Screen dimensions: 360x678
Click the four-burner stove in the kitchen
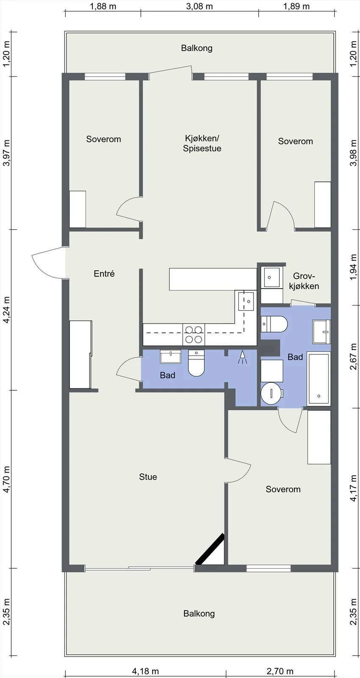[x=194, y=334]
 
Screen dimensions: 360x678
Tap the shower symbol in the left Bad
[x=243, y=358]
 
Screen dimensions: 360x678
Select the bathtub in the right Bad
[x=318, y=378]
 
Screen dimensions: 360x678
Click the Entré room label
[x=104, y=274]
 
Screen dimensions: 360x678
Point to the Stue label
[x=148, y=477]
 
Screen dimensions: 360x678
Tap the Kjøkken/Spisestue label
[x=202, y=144]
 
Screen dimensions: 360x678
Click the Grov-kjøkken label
[x=304, y=281]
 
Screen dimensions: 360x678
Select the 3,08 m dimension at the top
[x=200, y=6]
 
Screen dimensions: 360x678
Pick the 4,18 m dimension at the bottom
[x=145, y=671]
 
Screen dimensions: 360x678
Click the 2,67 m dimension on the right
[x=353, y=356]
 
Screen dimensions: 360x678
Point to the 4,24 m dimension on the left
[x=6, y=310]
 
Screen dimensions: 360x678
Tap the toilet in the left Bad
[x=196, y=363]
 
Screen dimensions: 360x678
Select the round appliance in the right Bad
[x=271, y=393]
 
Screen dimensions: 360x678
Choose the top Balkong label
[x=197, y=48]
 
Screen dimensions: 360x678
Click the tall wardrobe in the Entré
[x=81, y=354]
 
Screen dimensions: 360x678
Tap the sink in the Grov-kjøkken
[x=272, y=277]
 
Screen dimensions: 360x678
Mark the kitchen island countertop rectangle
[x=213, y=279]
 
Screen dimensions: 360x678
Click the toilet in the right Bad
[x=274, y=324]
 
